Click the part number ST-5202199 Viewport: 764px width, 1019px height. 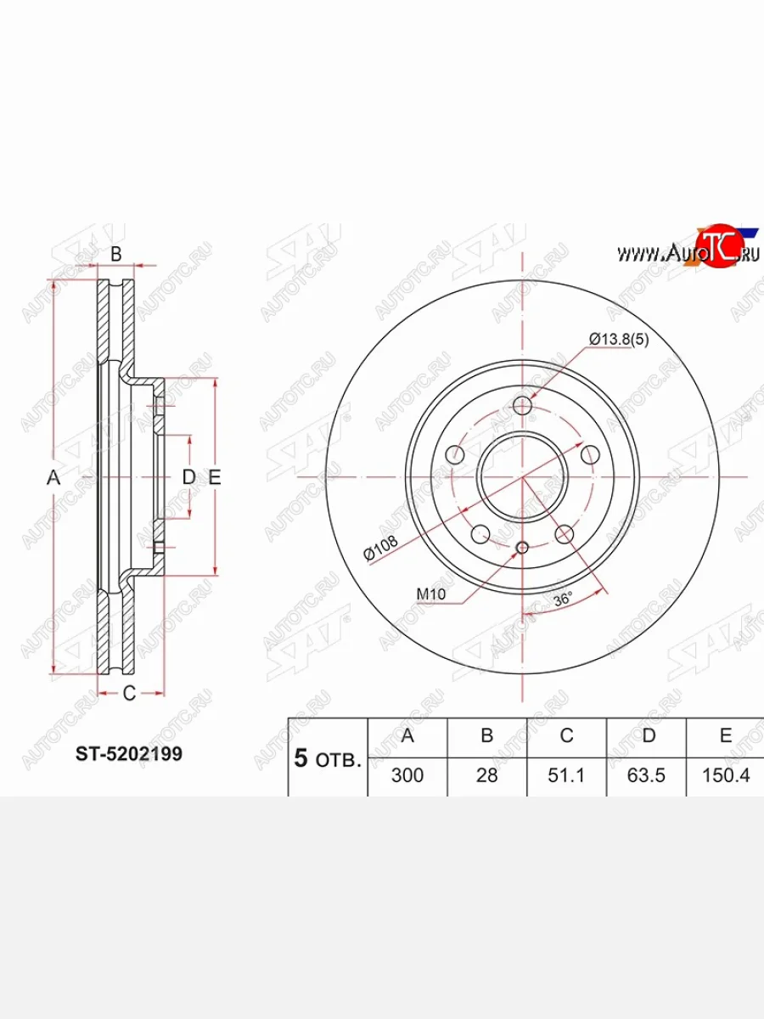(129, 753)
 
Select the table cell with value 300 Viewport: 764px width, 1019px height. (407, 775)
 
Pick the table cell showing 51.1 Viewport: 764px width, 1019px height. (566, 775)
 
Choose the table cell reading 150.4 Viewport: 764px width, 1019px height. (726, 775)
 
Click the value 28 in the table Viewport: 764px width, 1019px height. (486, 775)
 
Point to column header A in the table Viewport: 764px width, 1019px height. (407, 735)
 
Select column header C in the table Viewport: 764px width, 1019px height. (566, 735)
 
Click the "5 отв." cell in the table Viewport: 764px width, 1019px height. (328, 758)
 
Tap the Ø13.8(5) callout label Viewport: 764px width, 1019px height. (619, 340)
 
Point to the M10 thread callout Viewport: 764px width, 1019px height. (431, 594)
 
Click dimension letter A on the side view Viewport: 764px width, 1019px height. (53, 478)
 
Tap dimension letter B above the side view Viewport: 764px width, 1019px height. (117, 253)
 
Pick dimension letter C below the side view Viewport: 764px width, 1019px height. (128, 694)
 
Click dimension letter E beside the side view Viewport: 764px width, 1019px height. (215, 478)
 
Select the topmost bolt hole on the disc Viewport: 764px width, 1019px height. (523, 406)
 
